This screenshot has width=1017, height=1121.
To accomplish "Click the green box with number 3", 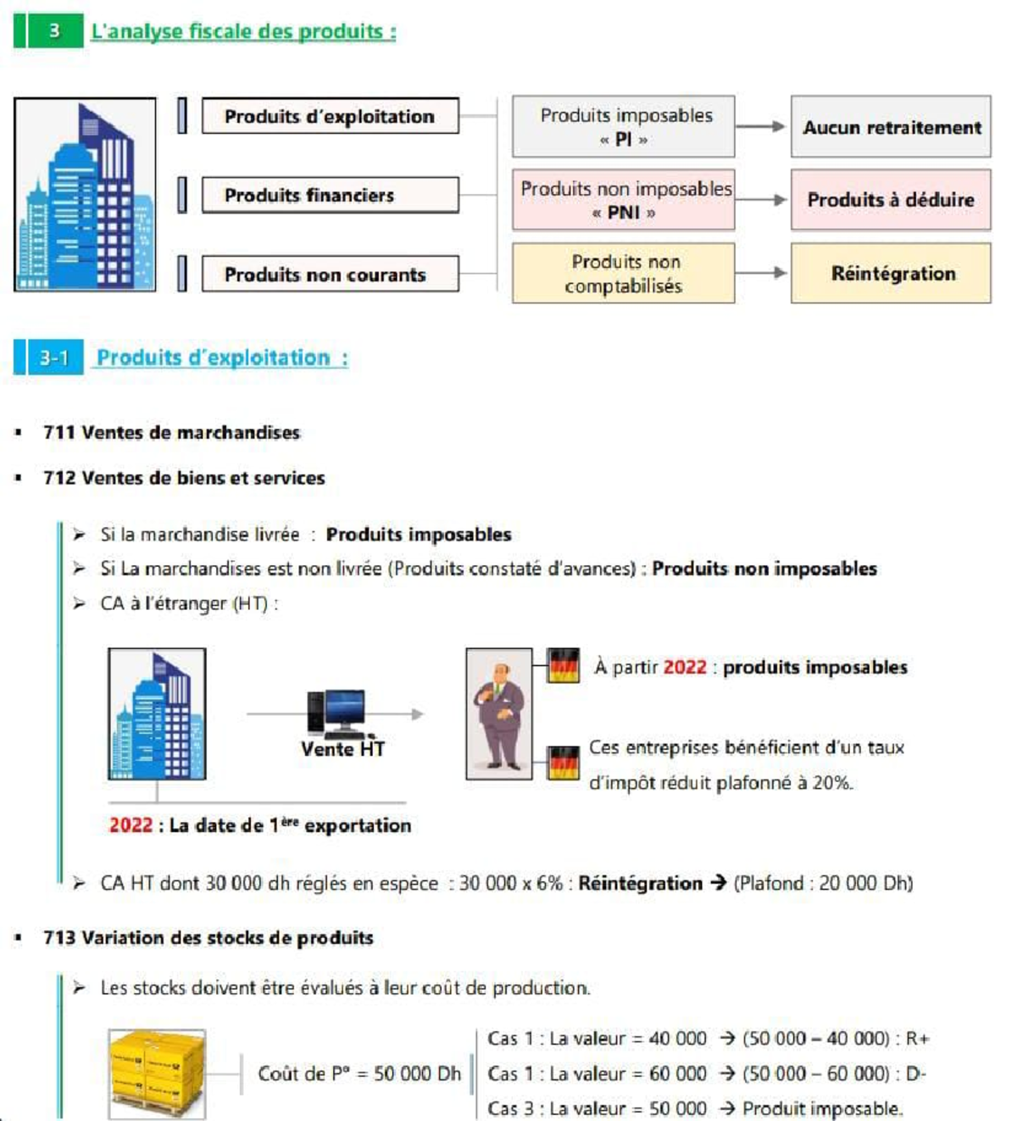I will [54, 31].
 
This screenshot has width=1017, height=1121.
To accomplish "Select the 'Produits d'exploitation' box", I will [330, 116].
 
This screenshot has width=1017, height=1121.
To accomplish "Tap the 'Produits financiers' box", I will [330, 195].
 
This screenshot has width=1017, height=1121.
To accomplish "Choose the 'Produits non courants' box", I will [330, 275].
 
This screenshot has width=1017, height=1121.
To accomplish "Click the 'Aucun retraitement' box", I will [891, 127].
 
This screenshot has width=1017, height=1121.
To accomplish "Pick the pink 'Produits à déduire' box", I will [891, 200].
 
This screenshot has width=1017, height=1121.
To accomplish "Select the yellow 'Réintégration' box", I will [891, 274].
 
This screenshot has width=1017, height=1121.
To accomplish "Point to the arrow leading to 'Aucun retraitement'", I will [761, 127].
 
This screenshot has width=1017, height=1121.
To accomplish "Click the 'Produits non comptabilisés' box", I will [624, 274].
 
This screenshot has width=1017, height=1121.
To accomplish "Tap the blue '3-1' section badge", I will [53, 358].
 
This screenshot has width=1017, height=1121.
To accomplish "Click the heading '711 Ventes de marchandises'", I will [172, 432].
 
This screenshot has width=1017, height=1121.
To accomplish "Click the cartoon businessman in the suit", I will [499, 714].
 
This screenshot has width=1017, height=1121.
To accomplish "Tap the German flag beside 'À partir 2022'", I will [564, 665].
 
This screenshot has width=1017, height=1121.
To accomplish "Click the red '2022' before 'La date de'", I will [131, 825].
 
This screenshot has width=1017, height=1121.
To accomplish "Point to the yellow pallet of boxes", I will [158, 1072].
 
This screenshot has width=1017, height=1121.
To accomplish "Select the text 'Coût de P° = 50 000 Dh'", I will [359, 1074].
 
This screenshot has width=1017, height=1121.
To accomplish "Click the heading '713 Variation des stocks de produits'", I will [208, 938].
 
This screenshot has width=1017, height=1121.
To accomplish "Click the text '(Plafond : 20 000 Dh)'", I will [823, 883].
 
